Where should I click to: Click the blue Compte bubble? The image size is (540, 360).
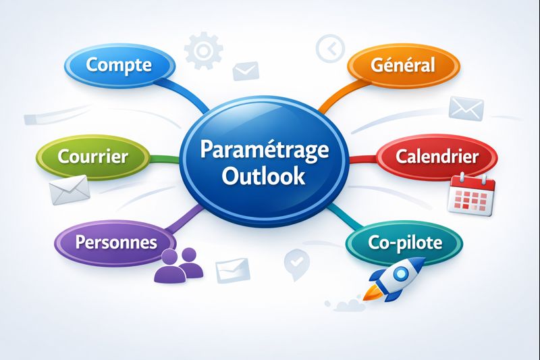click(x=119, y=66)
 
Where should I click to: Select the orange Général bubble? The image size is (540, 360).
click(x=404, y=66)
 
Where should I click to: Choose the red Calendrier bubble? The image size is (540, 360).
click(x=437, y=157)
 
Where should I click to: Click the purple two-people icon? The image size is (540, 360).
click(x=180, y=265)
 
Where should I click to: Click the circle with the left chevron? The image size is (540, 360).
click(x=329, y=48)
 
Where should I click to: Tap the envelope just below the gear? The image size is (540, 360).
click(x=246, y=70)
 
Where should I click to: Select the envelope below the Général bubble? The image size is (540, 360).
click(x=466, y=109)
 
